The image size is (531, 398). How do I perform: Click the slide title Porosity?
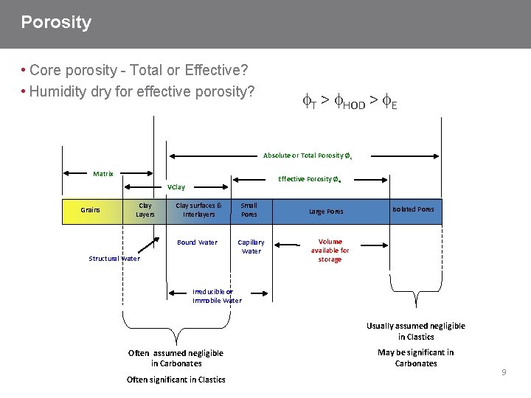(x=56, y=23)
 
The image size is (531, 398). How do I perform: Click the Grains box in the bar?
(x=91, y=210)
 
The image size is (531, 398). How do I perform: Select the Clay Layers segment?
(x=145, y=210)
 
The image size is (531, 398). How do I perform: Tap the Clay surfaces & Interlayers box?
(x=198, y=210)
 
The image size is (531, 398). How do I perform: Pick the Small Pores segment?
(x=249, y=210)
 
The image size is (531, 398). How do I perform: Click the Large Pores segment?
(x=326, y=212)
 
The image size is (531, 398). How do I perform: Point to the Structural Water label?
(x=114, y=259)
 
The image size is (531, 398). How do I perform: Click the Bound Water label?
(x=197, y=242)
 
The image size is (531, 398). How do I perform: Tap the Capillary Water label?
(x=251, y=247)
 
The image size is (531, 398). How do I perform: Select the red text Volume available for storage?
(x=330, y=251)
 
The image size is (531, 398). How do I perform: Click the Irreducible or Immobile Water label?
(x=217, y=296)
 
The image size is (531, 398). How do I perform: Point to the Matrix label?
(x=103, y=174)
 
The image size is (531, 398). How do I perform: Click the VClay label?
(x=176, y=187)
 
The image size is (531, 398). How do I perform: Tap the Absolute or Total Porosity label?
(x=307, y=156)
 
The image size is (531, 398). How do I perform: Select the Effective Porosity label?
(x=308, y=179)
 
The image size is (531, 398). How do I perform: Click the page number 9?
(x=504, y=372)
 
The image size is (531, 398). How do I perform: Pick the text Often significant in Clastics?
(x=176, y=380)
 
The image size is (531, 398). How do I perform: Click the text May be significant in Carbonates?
(x=416, y=357)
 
